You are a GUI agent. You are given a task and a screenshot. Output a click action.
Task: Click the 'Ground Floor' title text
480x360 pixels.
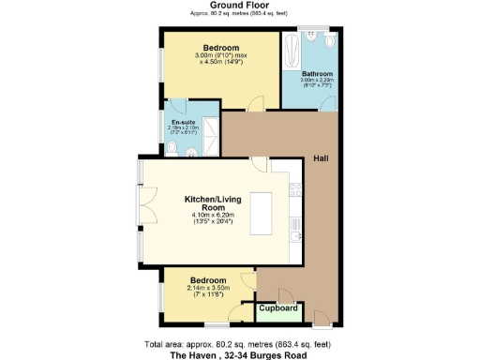tap(239, 6)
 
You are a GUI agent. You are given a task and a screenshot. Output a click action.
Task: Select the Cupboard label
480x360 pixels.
tap(277, 308)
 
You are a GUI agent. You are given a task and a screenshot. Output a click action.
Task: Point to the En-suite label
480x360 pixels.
tap(182, 122)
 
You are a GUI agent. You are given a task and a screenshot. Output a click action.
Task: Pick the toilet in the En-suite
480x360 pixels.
tap(190, 147)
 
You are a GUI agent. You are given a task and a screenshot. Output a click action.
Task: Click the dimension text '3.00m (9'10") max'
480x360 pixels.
tap(221, 55)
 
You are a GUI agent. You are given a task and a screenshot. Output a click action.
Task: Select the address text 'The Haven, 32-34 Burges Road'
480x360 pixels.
tap(239, 355)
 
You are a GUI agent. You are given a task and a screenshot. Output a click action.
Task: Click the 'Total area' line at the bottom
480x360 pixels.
tap(239, 344)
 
